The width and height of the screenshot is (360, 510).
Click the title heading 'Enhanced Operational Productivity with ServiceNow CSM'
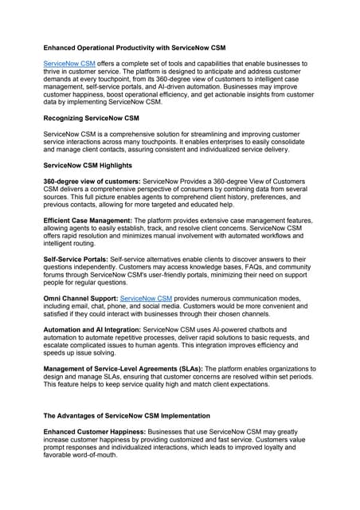click(135, 48)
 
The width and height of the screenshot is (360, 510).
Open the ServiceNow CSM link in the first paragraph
click(69, 63)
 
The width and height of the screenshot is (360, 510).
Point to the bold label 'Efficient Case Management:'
click(88, 220)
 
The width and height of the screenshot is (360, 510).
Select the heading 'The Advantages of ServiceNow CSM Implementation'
click(127, 415)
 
